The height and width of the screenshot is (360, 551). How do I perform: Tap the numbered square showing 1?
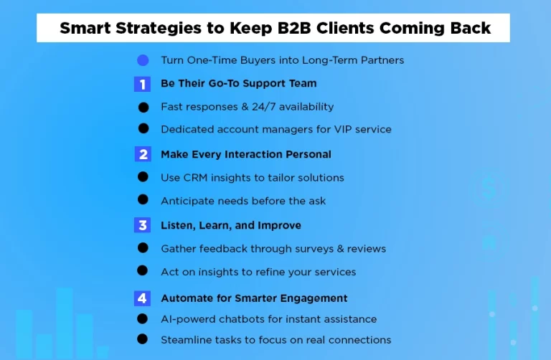(142, 84)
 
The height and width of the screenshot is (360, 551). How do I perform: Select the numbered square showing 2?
(142, 154)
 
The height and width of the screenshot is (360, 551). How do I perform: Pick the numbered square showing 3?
(142, 225)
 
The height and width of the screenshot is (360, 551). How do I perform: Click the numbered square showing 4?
(142, 298)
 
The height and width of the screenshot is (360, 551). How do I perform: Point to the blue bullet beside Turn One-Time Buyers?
(142, 60)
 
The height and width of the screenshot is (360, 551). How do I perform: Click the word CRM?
(194, 177)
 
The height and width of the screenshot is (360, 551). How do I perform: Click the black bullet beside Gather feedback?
(143, 248)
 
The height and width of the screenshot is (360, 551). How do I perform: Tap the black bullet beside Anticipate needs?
(143, 200)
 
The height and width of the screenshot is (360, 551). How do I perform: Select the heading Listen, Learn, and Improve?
(231, 225)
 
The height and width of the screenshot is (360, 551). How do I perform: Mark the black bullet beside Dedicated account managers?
(143, 129)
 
